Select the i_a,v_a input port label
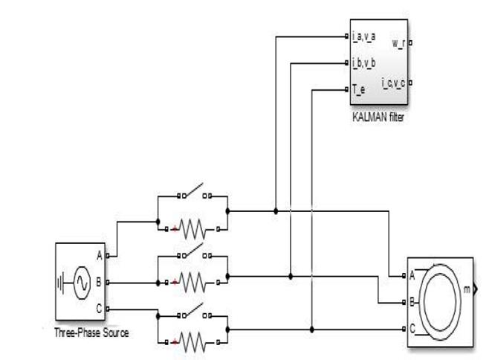[363, 36]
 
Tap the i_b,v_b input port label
[363, 62]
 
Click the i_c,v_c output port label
[392, 83]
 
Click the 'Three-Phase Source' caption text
[91, 332]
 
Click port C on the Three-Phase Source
[100, 308]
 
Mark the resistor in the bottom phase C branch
[192, 341]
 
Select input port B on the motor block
[412, 303]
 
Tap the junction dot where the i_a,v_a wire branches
[276, 210]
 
